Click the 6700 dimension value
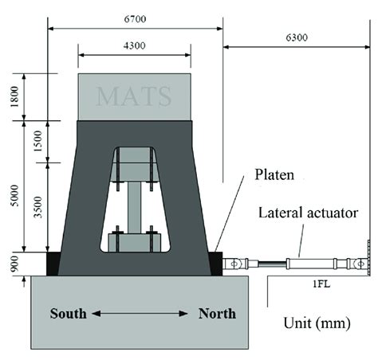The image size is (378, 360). pyautogui.click(x=134, y=18)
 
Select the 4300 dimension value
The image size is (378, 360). pyautogui.click(x=135, y=46)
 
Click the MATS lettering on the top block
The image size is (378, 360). pyautogui.click(x=134, y=96)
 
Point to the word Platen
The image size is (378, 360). pyautogui.click(x=274, y=174)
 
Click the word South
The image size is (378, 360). pyautogui.click(x=69, y=313)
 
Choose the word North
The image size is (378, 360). pyautogui.click(x=217, y=313)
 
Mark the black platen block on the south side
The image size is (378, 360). pyautogui.click(x=53, y=264)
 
